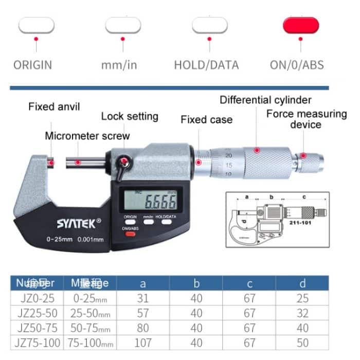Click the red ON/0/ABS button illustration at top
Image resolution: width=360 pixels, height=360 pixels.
pyautogui.click(x=301, y=25)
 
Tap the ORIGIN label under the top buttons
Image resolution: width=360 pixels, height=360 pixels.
pyautogui.click(x=32, y=65)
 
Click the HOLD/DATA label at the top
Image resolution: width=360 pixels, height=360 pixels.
pyautogui.click(x=206, y=65)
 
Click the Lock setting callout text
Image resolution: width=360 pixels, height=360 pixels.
pyautogui.click(x=129, y=116)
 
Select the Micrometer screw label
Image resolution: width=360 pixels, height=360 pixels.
pyautogui.click(x=87, y=136)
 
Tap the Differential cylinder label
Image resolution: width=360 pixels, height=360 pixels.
pyautogui.click(x=265, y=100)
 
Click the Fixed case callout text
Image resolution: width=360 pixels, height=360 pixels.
pyautogui.click(x=206, y=120)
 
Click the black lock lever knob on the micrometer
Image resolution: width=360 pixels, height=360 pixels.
pyautogui.click(x=124, y=163)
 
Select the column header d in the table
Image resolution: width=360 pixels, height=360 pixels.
pyautogui.click(x=302, y=283)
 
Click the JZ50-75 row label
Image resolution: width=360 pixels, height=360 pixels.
pyautogui.click(x=35, y=328)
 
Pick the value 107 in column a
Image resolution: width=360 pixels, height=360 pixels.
pyautogui.click(x=142, y=343)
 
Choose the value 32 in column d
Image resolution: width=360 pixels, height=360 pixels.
pyautogui.click(x=302, y=313)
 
